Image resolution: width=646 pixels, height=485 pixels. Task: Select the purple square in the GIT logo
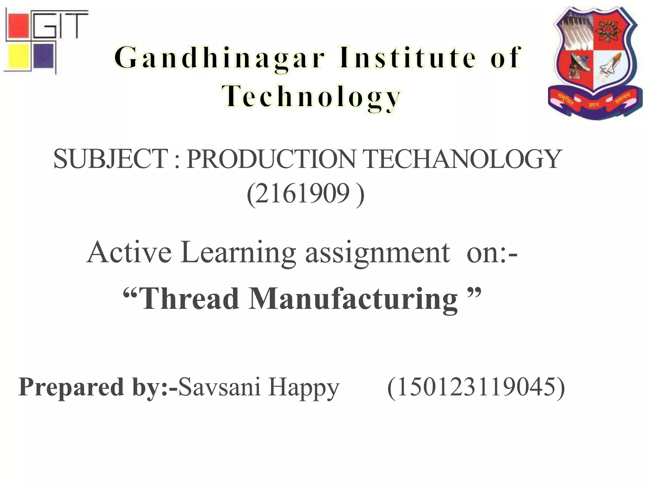coord(43,56)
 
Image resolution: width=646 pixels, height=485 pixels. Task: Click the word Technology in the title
coord(311,97)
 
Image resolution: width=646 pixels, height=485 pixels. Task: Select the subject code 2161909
coord(303,193)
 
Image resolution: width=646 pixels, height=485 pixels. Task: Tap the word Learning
coord(238,253)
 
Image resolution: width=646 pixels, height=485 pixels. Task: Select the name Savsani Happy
coord(259,387)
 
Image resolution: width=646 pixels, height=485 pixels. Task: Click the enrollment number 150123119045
coord(476,387)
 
